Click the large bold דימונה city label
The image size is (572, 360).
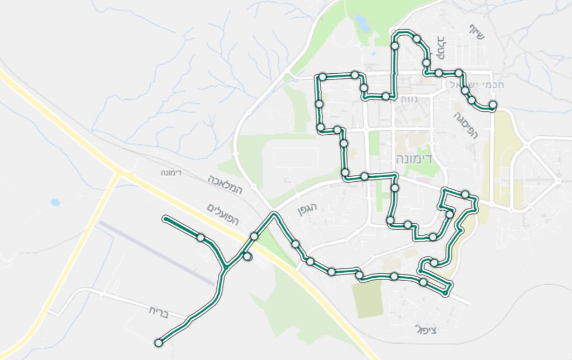click(x=413, y=158)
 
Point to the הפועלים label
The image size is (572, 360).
click(x=222, y=214)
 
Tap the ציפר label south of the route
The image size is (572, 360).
click(x=426, y=329)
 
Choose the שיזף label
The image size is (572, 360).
click(x=478, y=32)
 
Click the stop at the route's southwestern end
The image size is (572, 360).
click(x=159, y=342)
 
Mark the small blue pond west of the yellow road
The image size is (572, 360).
click(x=55, y=202)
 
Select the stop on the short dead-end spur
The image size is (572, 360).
click(x=247, y=256)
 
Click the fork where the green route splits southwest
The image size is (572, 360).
click(x=225, y=267)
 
